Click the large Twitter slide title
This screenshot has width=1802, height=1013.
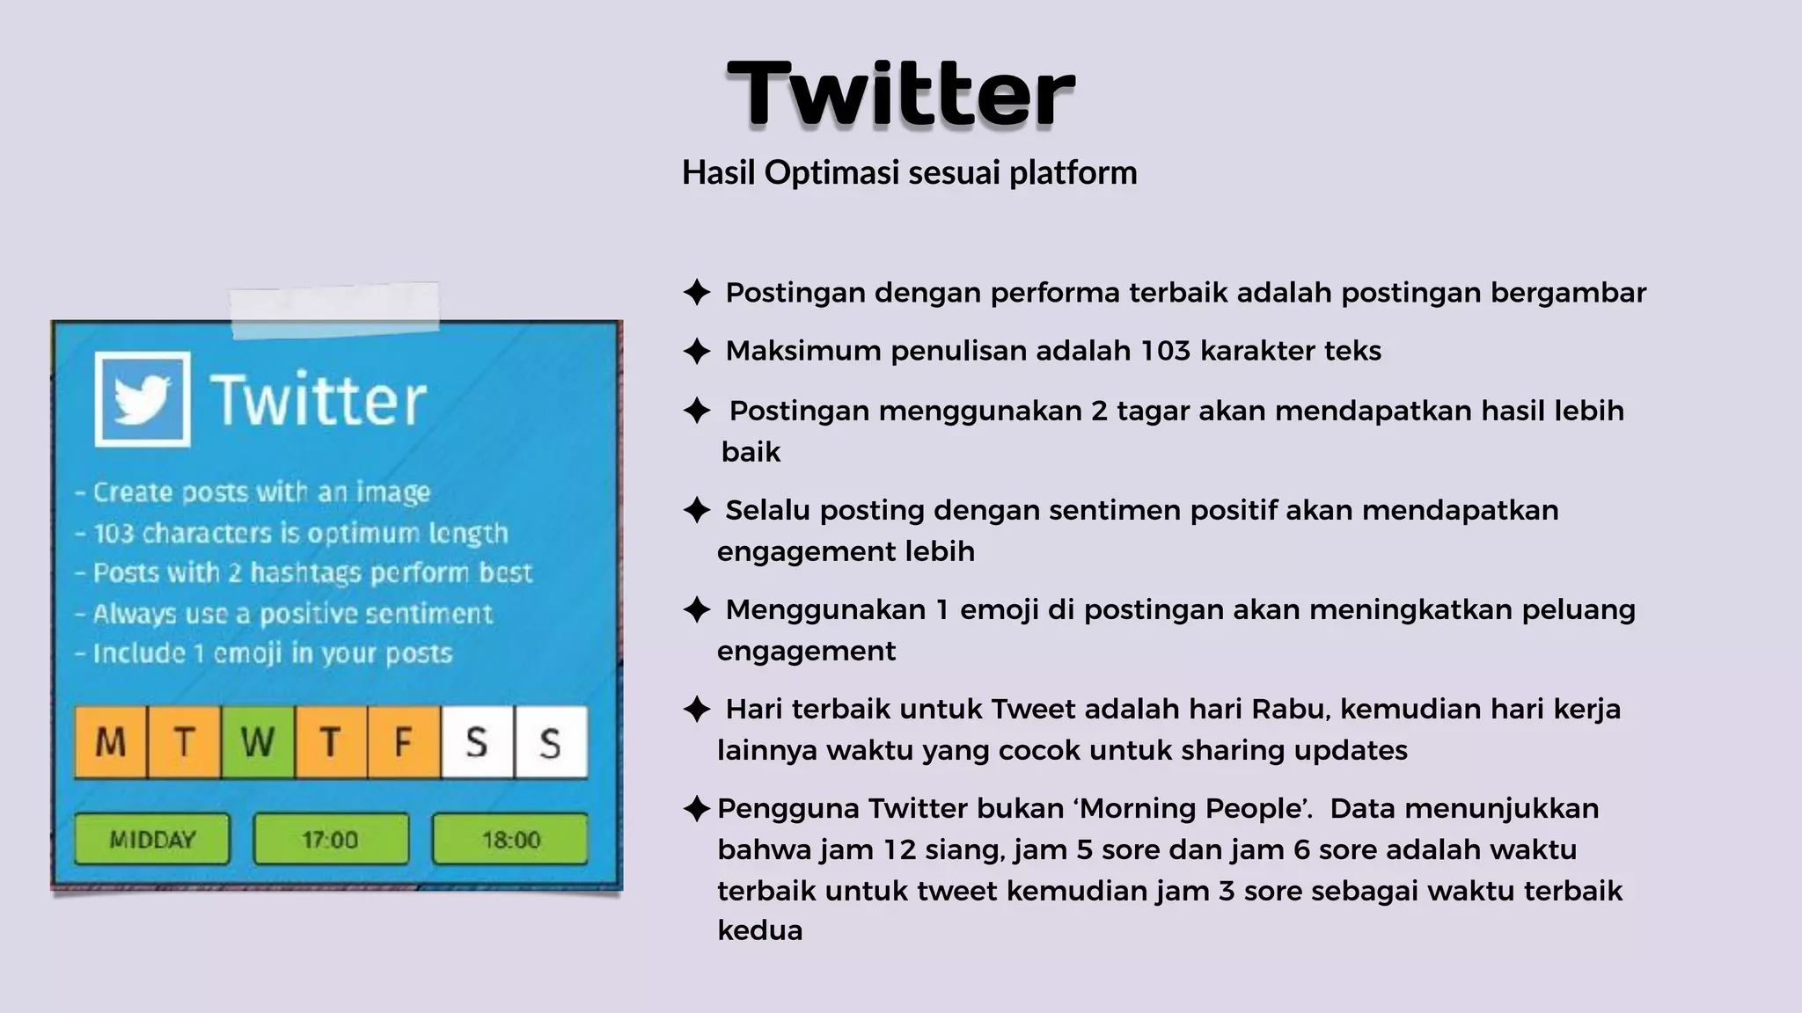pyautogui.click(x=900, y=94)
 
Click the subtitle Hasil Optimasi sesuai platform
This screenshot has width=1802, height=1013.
pyautogui.click(x=909, y=172)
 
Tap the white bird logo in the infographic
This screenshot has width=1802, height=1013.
pyautogui.click(x=143, y=399)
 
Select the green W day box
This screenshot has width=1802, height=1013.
pyautogui.click(x=258, y=742)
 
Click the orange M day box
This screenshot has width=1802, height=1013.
pyautogui.click(x=111, y=742)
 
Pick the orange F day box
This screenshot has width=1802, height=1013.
pyautogui.click(x=404, y=742)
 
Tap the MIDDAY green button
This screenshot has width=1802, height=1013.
pyautogui.click(x=152, y=839)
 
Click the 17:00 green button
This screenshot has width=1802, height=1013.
pyautogui.click(x=330, y=839)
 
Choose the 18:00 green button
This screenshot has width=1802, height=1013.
pyautogui.click(x=510, y=839)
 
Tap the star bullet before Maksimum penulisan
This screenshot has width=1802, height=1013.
pyautogui.click(x=697, y=351)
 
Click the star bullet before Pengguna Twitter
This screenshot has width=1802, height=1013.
pyautogui.click(x=697, y=808)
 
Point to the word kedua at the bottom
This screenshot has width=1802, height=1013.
pyautogui.click(x=760, y=930)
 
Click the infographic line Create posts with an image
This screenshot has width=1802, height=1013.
pyautogui.click(x=261, y=492)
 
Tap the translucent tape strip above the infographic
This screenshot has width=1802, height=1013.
pyautogui.click(x=334, y=310)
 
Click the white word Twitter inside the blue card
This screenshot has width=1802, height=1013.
pyautogui.click(x=318, y=401)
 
